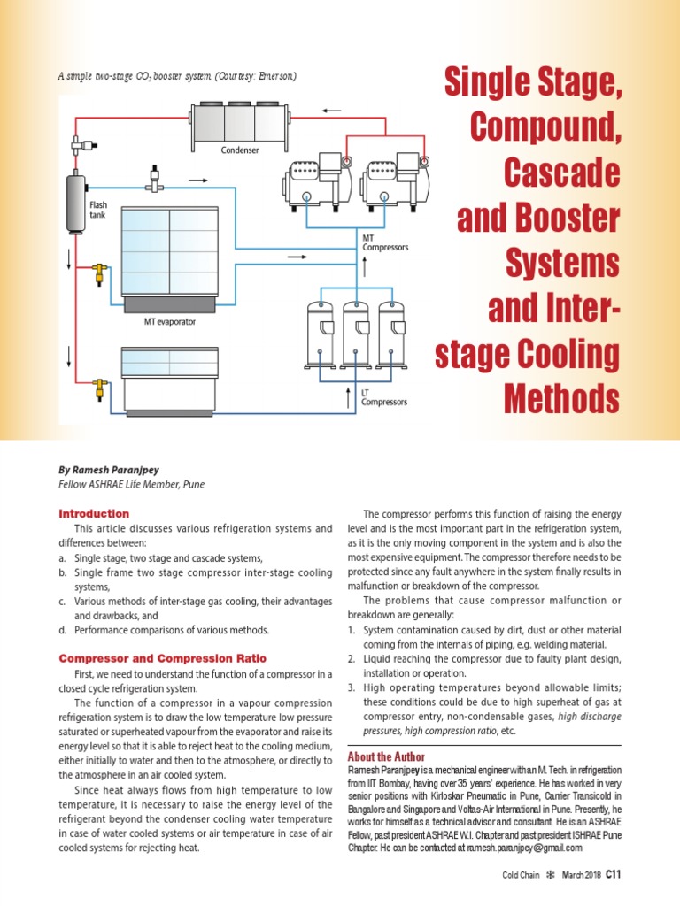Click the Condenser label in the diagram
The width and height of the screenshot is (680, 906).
tap(240, 150)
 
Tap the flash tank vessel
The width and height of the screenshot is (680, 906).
tap(74, 203)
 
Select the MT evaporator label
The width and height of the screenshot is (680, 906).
tap(170, 322)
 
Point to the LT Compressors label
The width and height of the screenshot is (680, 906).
tap(383, 396)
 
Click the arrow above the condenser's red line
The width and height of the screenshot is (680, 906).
tap(331, 111)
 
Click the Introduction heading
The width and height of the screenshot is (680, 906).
tap(94, 513)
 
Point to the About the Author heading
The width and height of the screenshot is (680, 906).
tap(386, 756)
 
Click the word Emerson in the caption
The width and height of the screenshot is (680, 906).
tap(274, 76)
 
